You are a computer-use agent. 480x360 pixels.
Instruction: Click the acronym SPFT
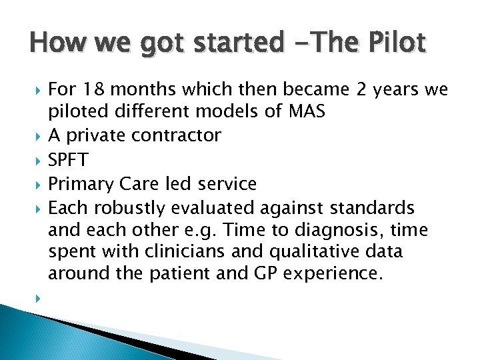[68, 159]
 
